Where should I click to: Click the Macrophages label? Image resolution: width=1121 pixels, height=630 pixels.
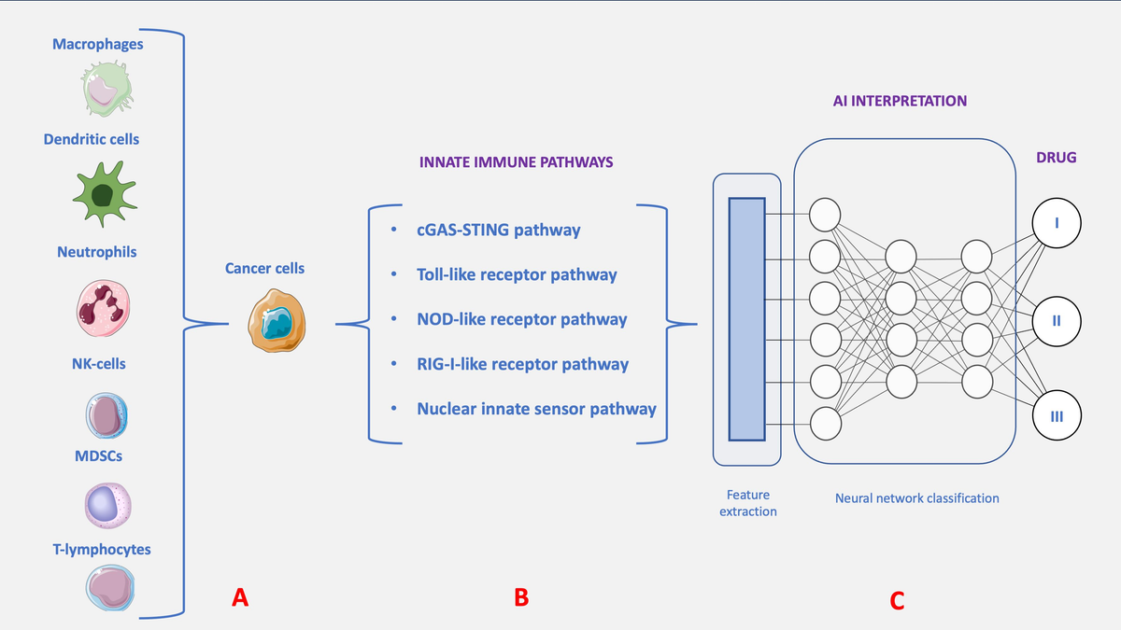[98, 44]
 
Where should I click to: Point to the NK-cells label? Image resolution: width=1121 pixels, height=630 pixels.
[98, 363]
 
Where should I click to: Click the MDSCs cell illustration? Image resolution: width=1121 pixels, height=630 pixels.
[103, 505]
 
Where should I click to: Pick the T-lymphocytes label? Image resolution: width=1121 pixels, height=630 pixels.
[101, 549]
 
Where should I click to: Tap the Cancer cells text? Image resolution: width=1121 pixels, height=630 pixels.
[264, 268]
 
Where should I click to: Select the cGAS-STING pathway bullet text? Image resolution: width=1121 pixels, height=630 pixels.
[498, 230]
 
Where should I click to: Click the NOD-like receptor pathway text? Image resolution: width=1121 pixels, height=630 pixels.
[521, 319]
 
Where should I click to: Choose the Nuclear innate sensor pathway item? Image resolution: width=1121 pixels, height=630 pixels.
[536, 408]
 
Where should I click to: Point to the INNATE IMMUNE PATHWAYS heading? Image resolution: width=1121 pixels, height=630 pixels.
[517, 161]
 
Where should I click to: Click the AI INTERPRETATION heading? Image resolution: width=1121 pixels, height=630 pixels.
[900, 100]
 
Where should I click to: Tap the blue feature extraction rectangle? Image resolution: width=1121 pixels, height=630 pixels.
[746, 318]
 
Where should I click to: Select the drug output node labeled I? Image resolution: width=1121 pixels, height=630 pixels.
[1056, 223]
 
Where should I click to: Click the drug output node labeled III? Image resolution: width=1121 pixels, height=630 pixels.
[1056, 415]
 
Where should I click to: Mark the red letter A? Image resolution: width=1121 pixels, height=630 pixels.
[240, 598]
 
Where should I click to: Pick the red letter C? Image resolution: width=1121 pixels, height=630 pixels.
[897, 601]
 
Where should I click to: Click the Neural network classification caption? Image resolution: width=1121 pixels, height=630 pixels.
[916, 498]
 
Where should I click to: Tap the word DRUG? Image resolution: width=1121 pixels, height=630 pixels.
[1056, 158]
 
